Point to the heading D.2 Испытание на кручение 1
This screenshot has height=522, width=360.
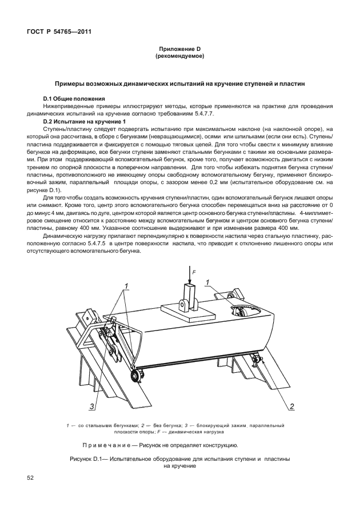point(83,122)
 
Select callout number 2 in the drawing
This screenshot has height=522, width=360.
point(291,407)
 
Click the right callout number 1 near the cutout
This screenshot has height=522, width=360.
point(209,281)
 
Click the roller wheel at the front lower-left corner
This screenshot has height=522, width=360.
point(136,375)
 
